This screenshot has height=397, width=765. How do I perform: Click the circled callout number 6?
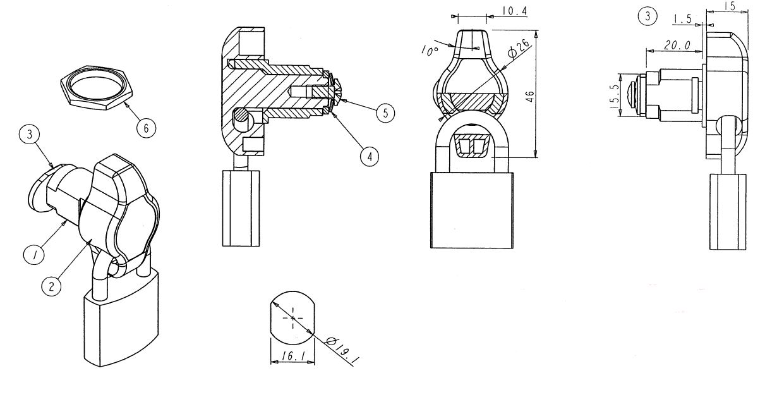coord(146,128)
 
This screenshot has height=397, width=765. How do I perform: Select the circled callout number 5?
coord(385,113)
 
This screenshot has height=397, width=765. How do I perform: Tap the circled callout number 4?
coord(370,157)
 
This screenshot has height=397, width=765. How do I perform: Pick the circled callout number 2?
coord(51,286)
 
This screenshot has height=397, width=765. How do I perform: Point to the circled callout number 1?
coord(34,255)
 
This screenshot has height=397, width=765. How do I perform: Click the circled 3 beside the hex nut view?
coord(29,134)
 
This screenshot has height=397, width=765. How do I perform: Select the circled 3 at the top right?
coord(648,16)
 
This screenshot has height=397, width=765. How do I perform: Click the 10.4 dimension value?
coord(515,11)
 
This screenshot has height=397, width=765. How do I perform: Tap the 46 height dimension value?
coord(529,96)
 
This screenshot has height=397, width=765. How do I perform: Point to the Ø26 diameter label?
coord(519,47)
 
